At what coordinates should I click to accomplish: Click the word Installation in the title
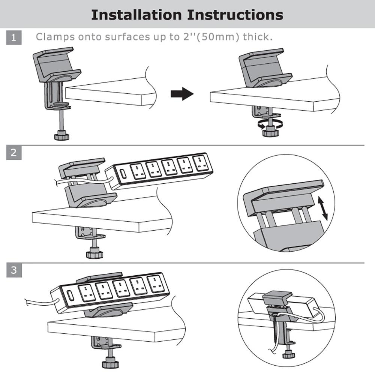[x=136, y=15]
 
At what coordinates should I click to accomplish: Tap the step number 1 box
[x=14, y=37]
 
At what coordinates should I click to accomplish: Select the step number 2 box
[x=14, y=153]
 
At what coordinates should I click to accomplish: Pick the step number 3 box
[x=14, y=270]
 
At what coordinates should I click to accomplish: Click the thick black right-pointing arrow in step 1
[x=182, y=94]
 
